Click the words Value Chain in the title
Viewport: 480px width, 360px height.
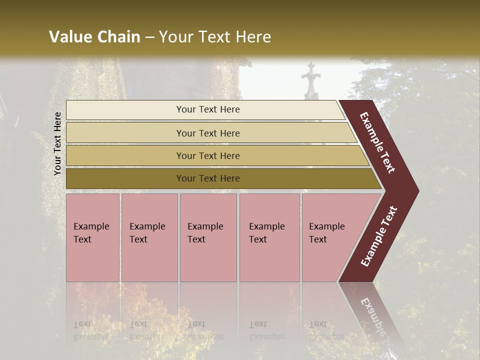(94, 37)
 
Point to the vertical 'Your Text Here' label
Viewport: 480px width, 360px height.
(57, 143)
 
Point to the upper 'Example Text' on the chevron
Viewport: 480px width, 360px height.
(377, 142)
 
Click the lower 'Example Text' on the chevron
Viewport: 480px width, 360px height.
(379, 236)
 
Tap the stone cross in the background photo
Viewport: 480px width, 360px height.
(310, 82)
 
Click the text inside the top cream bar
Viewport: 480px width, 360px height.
(208, 109)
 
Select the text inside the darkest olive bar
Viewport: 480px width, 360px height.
(208, 178)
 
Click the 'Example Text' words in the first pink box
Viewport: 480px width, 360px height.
(91, 232)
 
